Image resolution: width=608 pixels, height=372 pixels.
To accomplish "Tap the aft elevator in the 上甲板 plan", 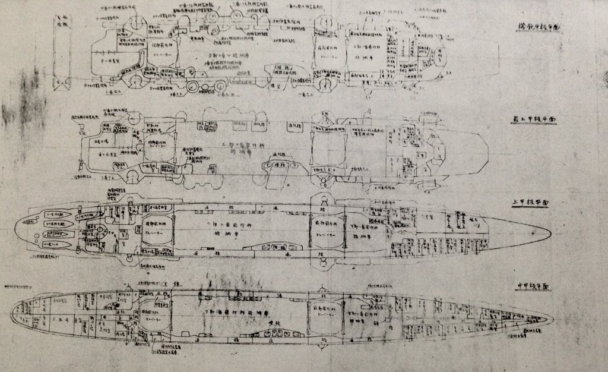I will click(x=157, y=229).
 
